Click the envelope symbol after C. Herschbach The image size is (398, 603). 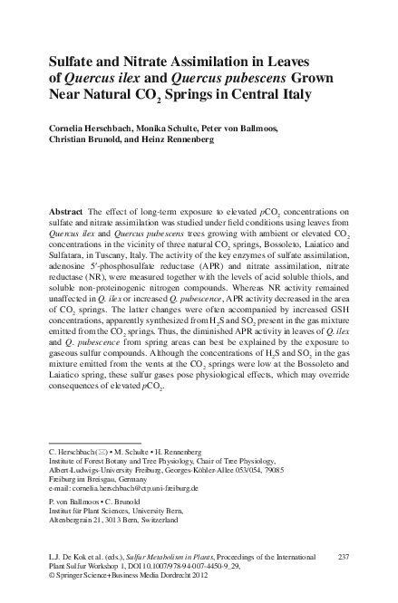[98, 449]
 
